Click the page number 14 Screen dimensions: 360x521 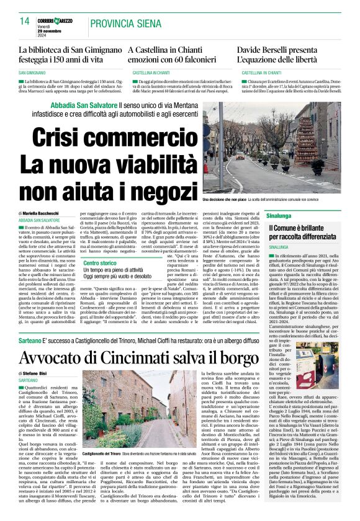click(x=25, y=21)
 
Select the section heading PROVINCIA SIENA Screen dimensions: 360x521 click(x=124, y=24)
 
